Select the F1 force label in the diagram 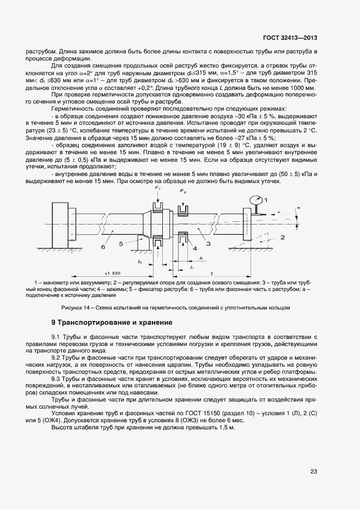pyautogui.click(x=158, y=189)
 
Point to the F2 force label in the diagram pyautogui.click(x=183, y=192)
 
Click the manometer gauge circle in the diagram pyautogui.click(x=255, y=201)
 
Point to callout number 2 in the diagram pyautogui.click(x=283, y=237)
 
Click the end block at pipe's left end pyautogui.click(x=59, y=224)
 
